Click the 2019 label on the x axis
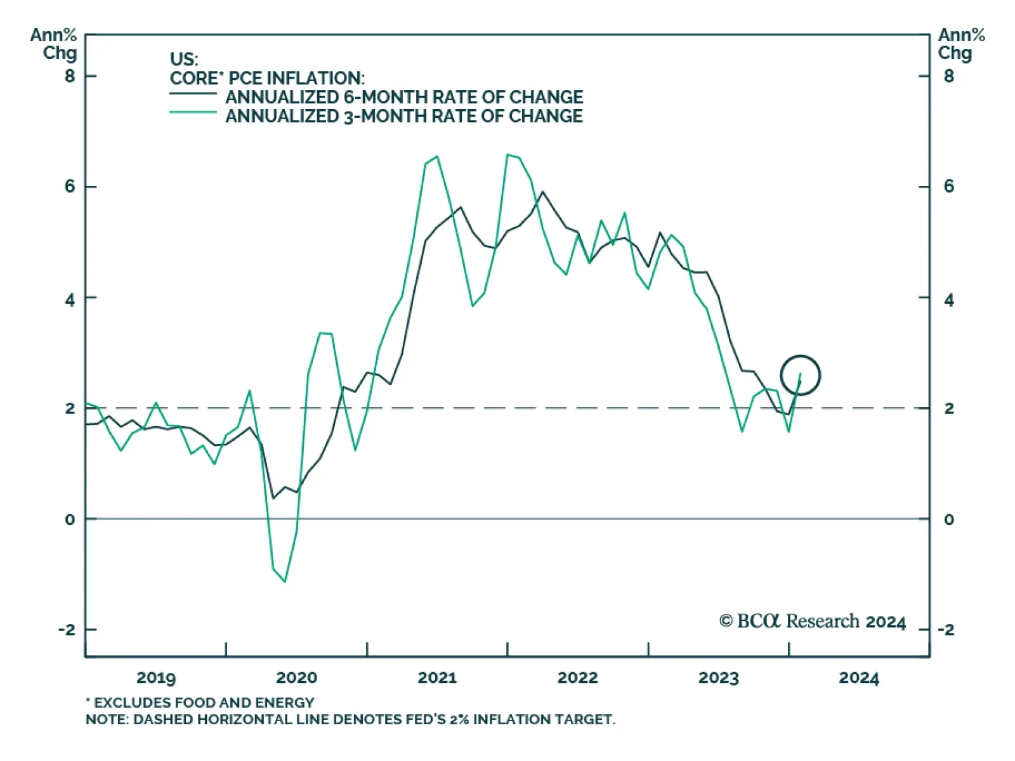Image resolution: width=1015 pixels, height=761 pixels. coord(156,678)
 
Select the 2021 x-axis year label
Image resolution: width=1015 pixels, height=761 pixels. coord(437,678)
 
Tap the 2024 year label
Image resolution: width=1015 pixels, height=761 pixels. coord(859,678)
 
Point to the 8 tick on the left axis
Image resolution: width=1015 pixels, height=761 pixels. coord(70,76)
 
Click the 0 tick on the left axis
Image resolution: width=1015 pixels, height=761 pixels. coord(70,519)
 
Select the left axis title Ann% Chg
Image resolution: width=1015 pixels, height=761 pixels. coord(54,44)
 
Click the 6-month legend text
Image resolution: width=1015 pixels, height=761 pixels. coord(404,97)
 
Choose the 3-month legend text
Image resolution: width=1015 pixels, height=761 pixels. coord(404,116)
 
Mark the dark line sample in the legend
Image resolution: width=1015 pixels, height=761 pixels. coord(193,94)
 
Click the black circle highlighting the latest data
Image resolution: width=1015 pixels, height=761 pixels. coord(801,375)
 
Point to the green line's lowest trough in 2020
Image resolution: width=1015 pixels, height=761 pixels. coord(285,581)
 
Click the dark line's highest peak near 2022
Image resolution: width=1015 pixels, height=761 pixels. coord(542,192)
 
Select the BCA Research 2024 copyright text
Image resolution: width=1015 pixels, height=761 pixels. coord(813,621)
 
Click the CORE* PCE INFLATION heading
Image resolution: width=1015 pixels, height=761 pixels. coord(267,78)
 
